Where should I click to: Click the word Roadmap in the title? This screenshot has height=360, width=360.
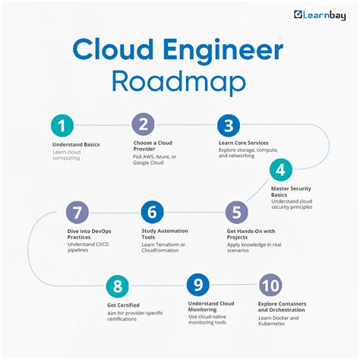pos(180,81)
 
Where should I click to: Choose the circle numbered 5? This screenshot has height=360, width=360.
pos(235,211)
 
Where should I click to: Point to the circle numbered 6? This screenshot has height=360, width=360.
pos(153,211)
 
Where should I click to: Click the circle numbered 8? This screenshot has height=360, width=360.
pos(118,286)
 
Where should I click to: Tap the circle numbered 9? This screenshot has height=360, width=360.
pos(197,286)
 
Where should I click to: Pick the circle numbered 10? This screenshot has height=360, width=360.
pos(270,286)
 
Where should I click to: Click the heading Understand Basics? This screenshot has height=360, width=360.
pos(76,144)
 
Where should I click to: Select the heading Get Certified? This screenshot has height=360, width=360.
pos(123,304)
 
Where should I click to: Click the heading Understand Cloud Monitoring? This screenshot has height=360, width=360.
pos(211,307)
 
